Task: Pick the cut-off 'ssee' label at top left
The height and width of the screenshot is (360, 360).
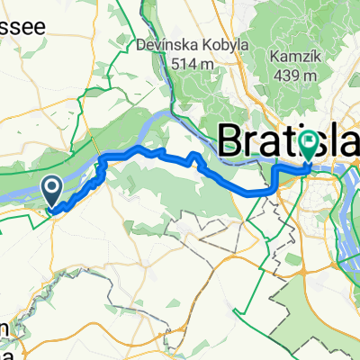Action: pyautogui.click(x=23, y=28)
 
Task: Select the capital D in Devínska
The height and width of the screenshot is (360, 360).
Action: pyautogui.click(x=142, y=43)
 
